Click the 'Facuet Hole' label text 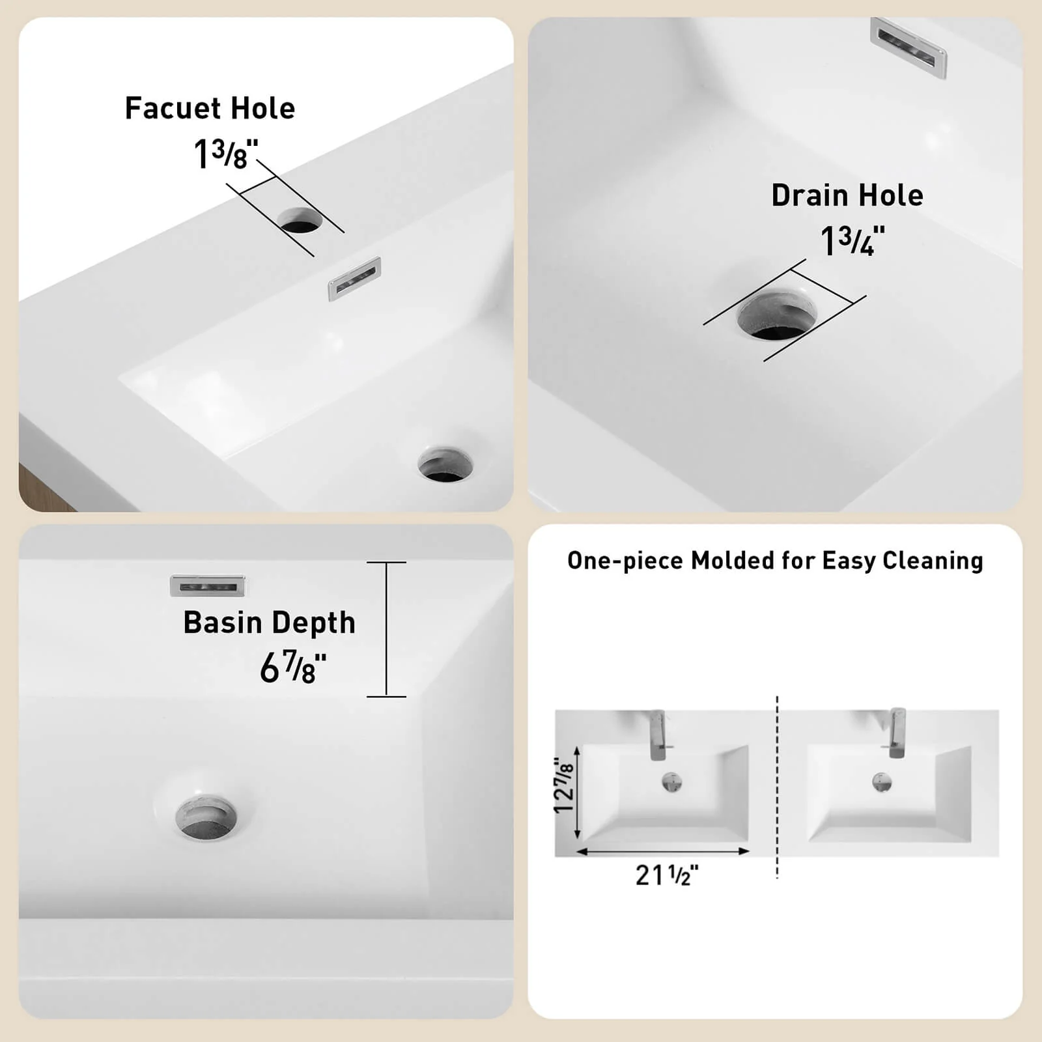(210, 108)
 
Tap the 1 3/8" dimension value (226, 154)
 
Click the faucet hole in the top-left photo (300, 221)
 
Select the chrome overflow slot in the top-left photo (354, 279)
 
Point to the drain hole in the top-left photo (445, 464)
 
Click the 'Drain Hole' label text (847, 195)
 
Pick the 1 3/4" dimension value (852, 241)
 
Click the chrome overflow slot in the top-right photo (908, 48)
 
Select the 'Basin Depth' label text (270, 623)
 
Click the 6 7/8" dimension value (293, 667)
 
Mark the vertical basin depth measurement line (386, 629)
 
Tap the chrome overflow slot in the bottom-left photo (208, 586)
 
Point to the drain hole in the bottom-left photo (206, 817)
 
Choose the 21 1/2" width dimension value (667, 875)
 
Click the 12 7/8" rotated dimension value (564, 786)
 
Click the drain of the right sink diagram (882, 782)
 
